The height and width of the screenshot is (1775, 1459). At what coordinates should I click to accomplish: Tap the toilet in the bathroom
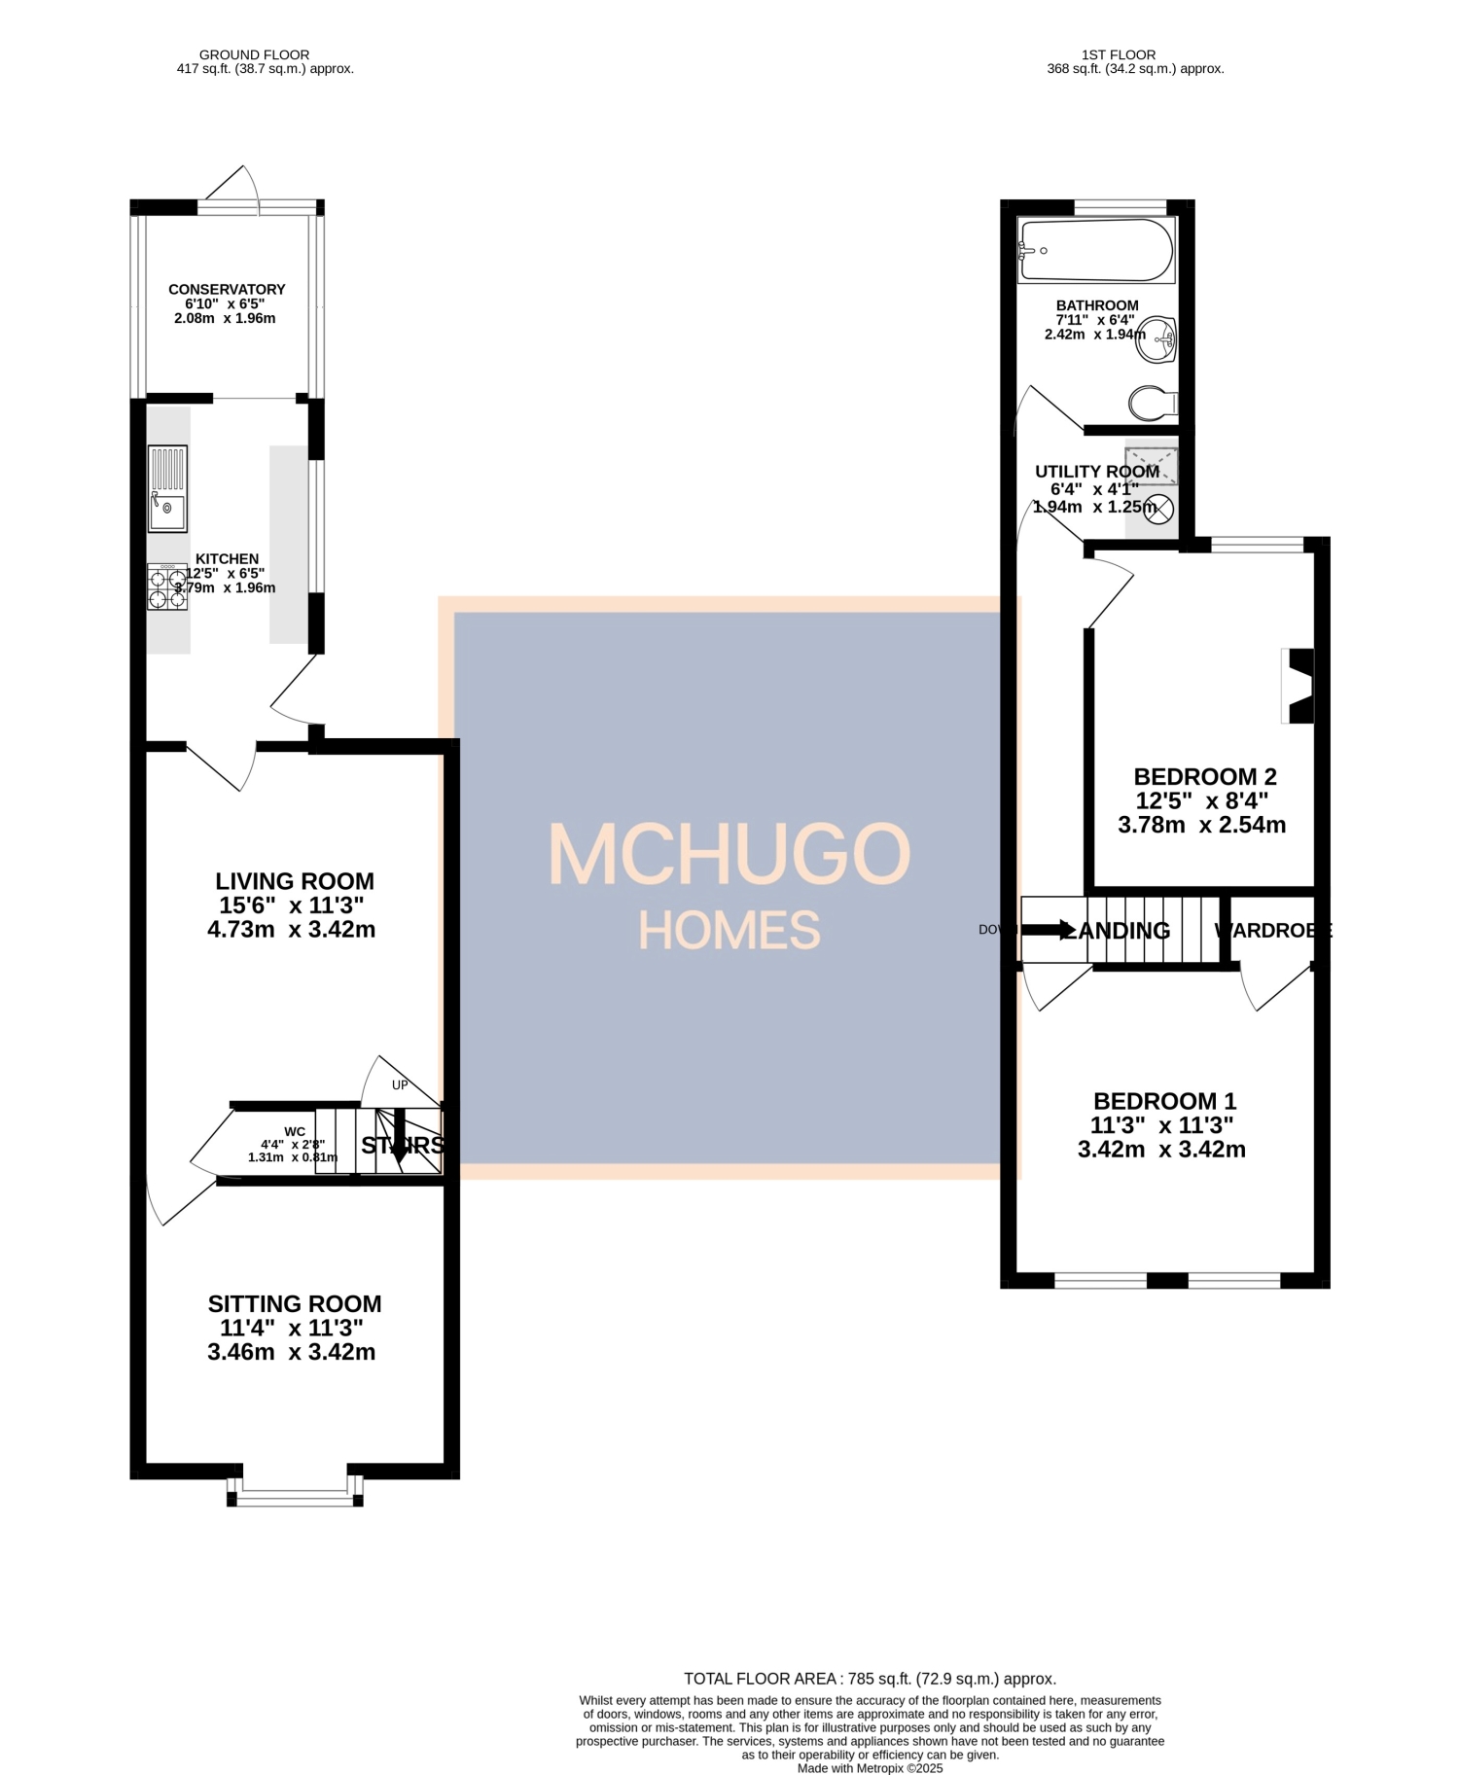tap(1152, 402)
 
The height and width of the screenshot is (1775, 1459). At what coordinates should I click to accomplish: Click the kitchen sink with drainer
tap(167, 488)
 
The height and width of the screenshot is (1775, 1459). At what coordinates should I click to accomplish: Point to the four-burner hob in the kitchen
tap(167, 587)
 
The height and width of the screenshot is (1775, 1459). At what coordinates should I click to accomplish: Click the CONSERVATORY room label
tap(227, 290)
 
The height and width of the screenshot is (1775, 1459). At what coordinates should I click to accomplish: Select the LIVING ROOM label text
tap(295, 881)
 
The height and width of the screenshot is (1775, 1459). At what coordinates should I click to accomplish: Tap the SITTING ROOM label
tap(295, 1304)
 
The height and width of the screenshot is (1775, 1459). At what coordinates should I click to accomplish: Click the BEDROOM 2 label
tap(1204, 777)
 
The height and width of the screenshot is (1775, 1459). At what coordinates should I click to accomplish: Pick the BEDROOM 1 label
tap(1164, 1101)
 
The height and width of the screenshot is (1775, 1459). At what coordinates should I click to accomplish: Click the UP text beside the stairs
tap(400, 1085)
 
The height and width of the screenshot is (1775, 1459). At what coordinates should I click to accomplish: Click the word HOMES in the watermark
tap(729, 931)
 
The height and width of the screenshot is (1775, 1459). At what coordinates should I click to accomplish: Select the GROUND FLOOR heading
tap(254, 54)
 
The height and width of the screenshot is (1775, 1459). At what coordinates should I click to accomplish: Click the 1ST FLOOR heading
tap(1119, 54)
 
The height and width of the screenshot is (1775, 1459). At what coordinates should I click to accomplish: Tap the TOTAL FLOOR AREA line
tap(870, 1679)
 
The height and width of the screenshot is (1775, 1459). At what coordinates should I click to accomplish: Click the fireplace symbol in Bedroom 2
tap(1300, 686)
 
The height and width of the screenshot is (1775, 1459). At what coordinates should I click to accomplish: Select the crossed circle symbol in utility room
tap(1158, 508)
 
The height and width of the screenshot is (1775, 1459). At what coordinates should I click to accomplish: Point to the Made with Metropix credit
tap(870, 1768)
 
